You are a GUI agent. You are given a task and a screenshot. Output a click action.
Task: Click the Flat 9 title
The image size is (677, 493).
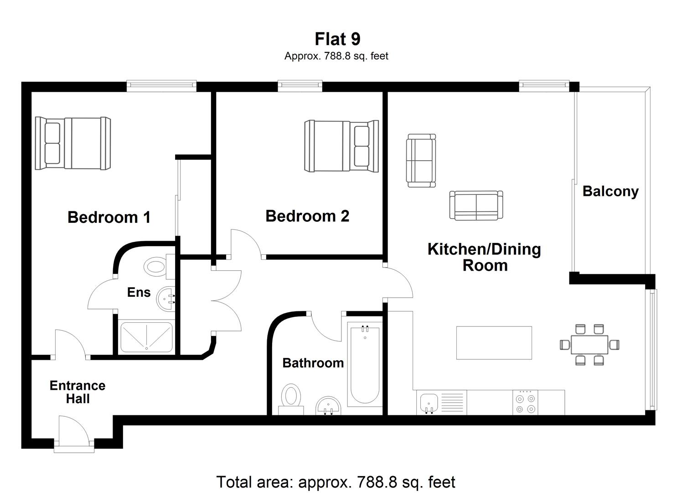[x=337, y=39]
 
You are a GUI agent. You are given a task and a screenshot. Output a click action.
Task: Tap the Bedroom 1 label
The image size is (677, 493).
[x=109, y=217]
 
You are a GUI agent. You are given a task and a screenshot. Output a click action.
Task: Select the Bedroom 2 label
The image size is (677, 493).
[x=307, y=216]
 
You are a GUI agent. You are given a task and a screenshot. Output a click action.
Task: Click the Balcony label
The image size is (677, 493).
[x=610, y=191]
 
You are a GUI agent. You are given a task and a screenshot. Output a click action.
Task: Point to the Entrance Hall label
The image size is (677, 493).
[x=78, y=392]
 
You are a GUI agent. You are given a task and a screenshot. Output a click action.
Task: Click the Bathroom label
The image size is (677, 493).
[x=313, y=363]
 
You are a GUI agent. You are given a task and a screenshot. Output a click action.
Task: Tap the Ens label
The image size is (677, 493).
[x=139, y=292]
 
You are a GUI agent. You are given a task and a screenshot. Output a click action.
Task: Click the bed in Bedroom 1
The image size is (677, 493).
[x=73, y=143]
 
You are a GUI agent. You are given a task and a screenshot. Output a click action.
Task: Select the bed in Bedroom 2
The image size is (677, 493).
[x=341, y=146]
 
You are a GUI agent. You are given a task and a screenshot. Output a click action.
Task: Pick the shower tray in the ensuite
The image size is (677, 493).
[x=146, y=337]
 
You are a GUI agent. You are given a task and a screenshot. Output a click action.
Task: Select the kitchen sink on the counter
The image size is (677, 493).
[x=429, y=403]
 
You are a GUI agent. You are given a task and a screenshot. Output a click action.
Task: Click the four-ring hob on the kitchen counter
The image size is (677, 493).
[x=526, y=403]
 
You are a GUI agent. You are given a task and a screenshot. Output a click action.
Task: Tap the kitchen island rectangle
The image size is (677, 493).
[x=494, y=343]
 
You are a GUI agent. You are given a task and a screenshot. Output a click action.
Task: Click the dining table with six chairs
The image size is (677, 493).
[x=589, y=344]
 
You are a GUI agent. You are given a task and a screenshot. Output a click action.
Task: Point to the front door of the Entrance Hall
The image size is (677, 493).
[x=74, y=438]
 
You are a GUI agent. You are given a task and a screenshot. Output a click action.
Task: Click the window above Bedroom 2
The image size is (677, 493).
[x=300, y=86]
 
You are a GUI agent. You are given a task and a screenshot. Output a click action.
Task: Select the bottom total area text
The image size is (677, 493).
[x=336, y=482]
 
